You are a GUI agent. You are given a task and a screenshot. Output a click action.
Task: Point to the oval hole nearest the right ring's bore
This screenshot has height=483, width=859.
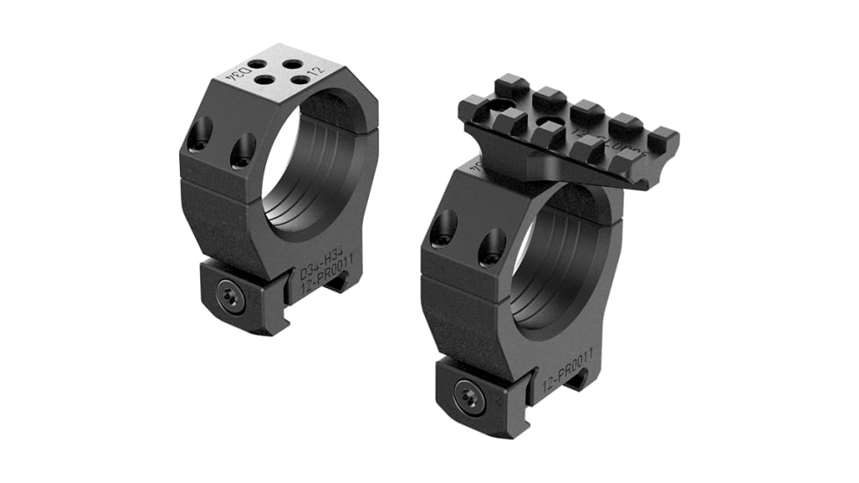coord(491,247)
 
